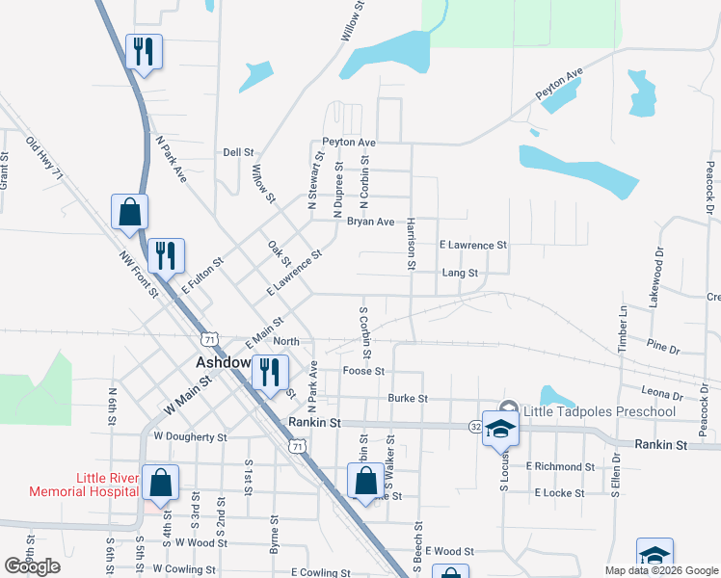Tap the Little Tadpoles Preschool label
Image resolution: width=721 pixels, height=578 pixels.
click(598, 412)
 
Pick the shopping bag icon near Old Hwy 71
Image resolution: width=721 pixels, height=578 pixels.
click(130, 211)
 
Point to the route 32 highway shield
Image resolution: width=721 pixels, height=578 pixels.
click(476, 425)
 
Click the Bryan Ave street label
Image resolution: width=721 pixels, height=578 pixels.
click(371, 222)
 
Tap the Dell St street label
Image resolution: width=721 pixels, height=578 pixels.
click(238, 152)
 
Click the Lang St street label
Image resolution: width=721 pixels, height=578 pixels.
click(460, 274)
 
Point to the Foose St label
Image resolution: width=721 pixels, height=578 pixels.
click(363, 371)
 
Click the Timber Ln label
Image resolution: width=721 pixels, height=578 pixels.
click(623, 327)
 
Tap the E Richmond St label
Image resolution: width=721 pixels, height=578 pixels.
click(561, 466)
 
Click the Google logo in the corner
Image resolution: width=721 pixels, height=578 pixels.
click(33, 566)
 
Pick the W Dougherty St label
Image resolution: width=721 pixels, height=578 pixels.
click(190, 436)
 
